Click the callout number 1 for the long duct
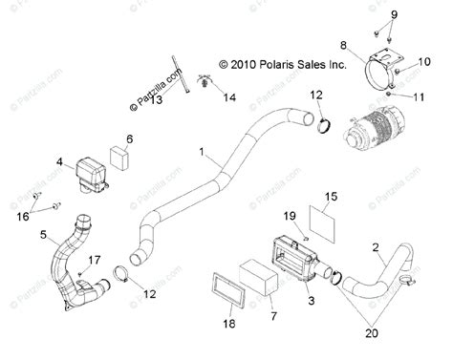click(201, 152)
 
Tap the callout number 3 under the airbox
click(310, 301)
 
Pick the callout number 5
click(44, 233)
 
